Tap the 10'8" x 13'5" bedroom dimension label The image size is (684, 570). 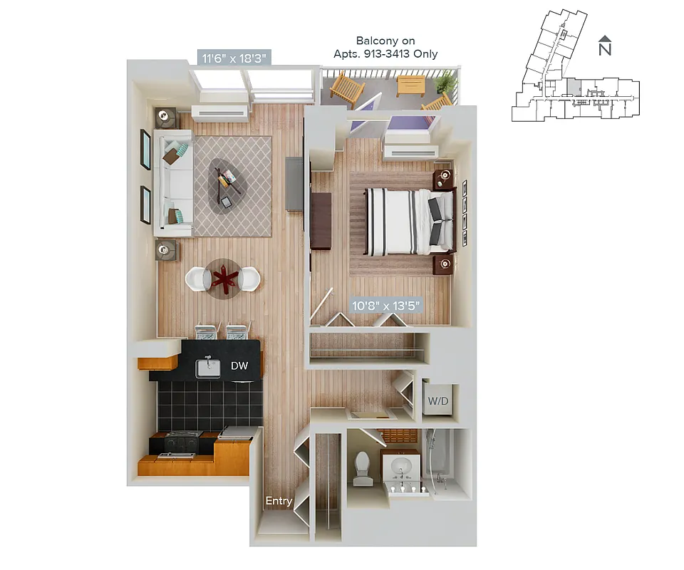[387, 306]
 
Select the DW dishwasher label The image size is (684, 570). [239, 366]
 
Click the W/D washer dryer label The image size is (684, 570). [437, 401]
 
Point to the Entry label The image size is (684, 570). [279, 501]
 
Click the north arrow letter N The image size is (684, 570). [605, 50]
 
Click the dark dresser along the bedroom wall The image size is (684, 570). [321, 220]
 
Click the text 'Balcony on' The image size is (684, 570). [385, 41]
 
